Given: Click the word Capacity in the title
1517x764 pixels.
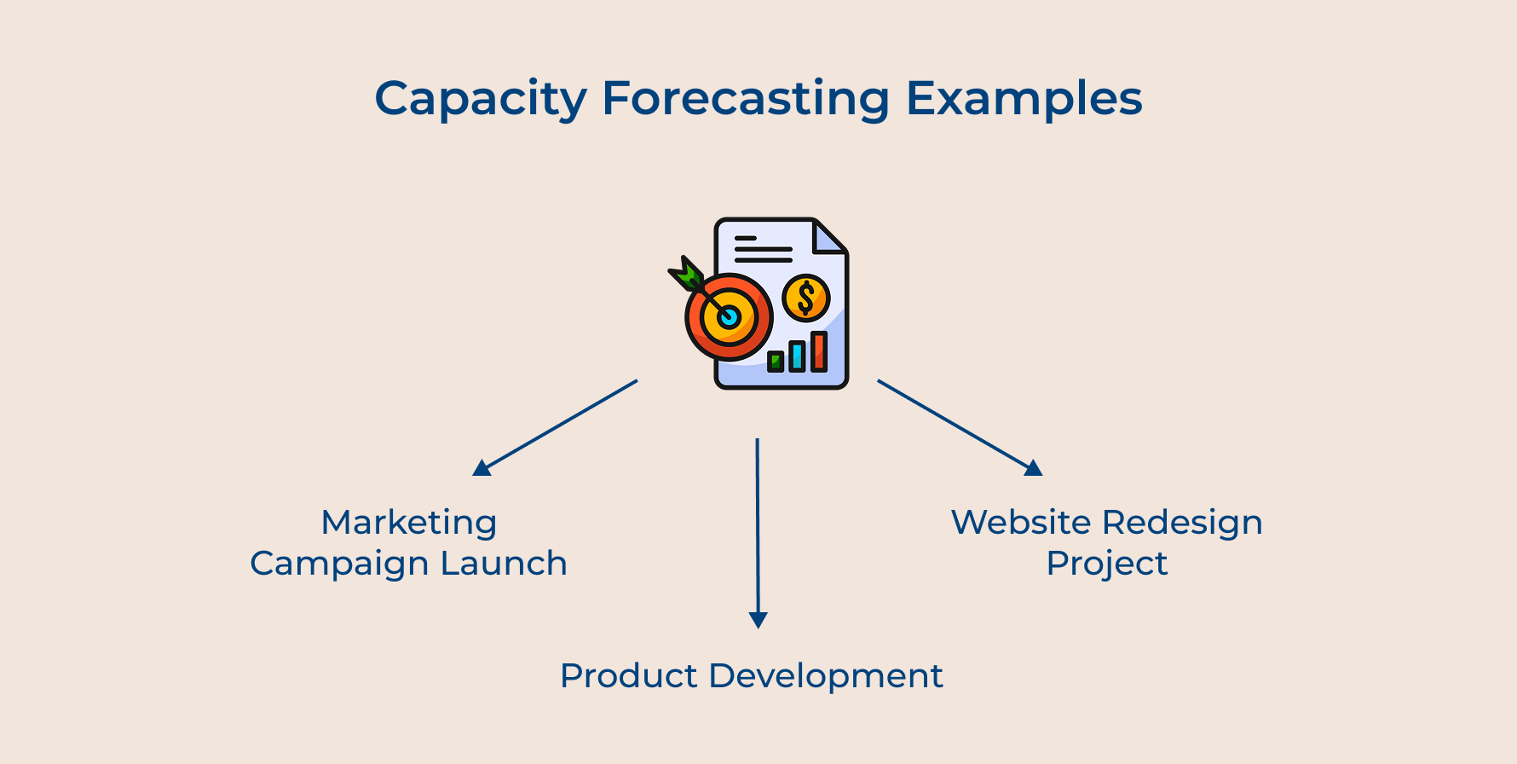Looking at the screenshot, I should coord(480,100).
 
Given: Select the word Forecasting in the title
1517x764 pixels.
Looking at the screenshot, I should coord(746,100).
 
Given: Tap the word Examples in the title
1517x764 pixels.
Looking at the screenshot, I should coord(1023,100).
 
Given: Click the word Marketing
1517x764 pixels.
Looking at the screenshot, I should coord(408,523).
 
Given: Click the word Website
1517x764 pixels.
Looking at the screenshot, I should coord(1020,522).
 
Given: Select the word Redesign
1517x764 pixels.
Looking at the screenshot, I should coord(1182,523).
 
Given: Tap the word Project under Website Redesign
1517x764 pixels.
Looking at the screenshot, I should coord(1106,564).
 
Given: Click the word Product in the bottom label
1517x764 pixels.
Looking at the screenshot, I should coord(629,676).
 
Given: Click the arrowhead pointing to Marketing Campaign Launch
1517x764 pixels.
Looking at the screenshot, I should coord(482,467).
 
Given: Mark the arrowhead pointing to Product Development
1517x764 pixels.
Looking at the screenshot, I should coord(758,620).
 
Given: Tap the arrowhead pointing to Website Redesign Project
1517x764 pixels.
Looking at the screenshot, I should coord(1033,467).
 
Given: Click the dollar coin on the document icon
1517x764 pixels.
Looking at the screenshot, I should coord(805,298).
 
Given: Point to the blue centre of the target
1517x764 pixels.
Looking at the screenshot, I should coord(729,317).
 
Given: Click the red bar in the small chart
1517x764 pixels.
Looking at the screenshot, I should coord(819,350).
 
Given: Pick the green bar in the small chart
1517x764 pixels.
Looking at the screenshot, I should coord(776,362).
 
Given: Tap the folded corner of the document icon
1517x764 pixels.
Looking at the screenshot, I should coord(828,238).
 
